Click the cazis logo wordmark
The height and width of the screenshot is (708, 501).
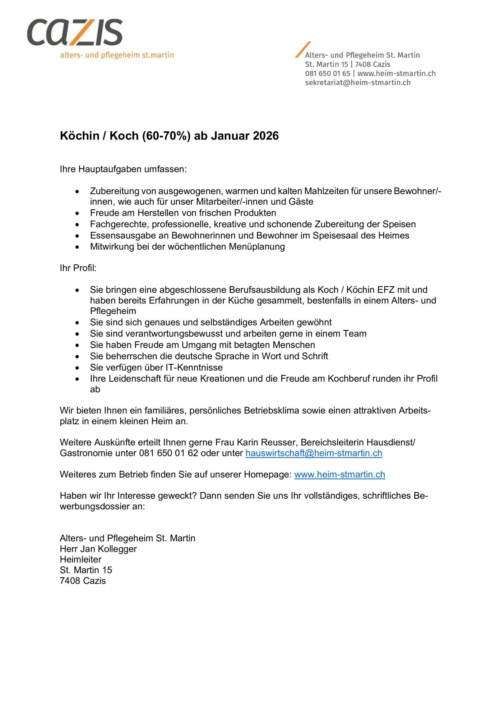pyautogui.click(x=75, y=32)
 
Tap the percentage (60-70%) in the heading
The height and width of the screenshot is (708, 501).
pyautogui.click(x=166, y=136)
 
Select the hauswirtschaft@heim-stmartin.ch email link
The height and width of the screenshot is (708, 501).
pyautogui.click(x=314, y=453)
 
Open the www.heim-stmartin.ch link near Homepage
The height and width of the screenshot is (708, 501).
pyautogui.click(x=340, y=474)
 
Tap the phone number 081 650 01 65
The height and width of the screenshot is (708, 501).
pyautogui.click(x=327, y=73)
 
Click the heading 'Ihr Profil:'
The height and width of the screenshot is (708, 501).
pyautogui.click(x=78, y=268)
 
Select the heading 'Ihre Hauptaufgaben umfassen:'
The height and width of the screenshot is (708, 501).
pyautogui.click(x=123, y=169)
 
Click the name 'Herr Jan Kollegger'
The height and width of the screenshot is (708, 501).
pyautogui.click(x=98, y=549)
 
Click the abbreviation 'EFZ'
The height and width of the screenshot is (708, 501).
pyautogui.click(x=386, y=290)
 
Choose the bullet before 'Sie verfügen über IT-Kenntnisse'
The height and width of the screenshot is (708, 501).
pyautogui.click(x=77, y=368)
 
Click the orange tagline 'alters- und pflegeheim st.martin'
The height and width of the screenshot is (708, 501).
pyautogui.click(x=117, y=56)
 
